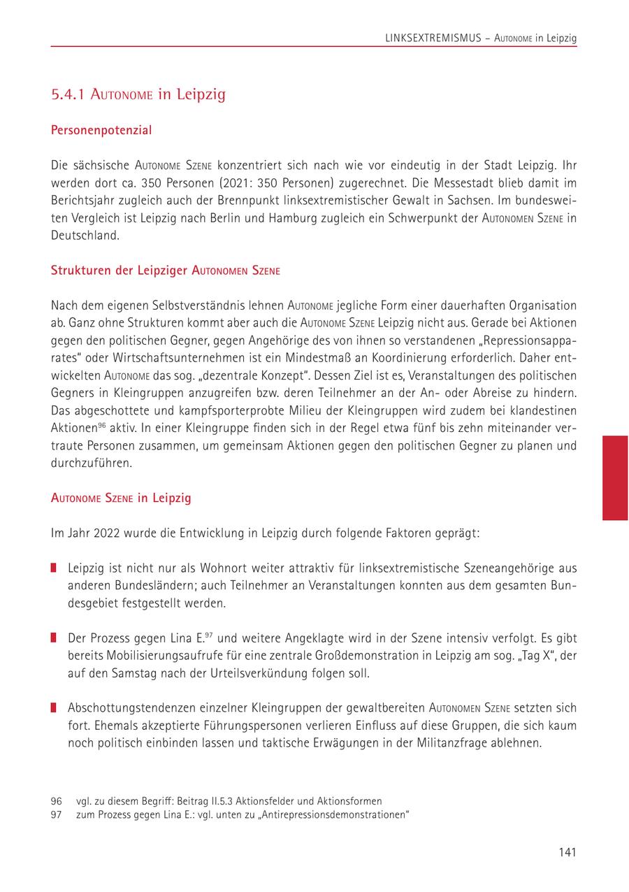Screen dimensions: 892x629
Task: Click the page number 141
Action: tap(567, 852)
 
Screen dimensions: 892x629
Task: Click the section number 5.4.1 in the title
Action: tap(67, 94)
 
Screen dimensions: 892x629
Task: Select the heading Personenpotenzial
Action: tap(101, 130)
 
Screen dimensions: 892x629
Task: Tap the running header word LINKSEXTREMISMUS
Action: tap(433, 38)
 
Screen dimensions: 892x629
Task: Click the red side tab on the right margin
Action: tap(615, 477)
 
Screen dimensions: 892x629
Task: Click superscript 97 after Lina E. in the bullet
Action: tap(210, 635)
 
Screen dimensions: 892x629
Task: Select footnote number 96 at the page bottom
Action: tap(57, 801)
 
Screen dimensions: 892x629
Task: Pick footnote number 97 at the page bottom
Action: tap(57, 815)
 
